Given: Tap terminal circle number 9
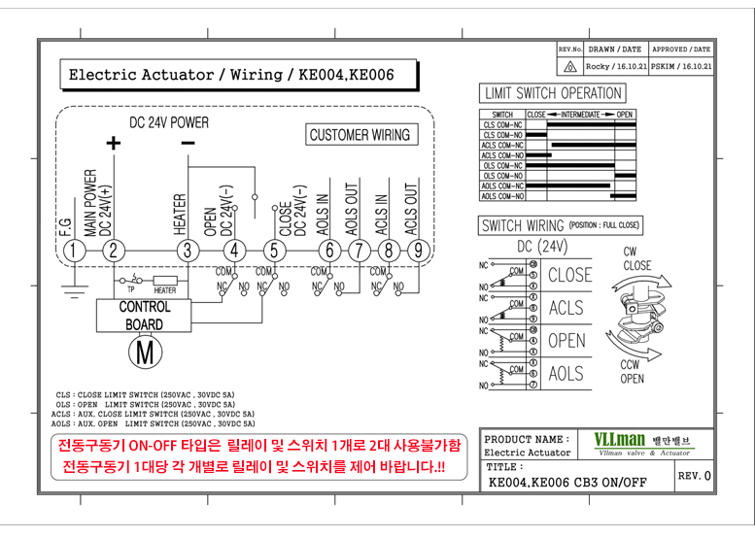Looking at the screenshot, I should click(x=417, y=251).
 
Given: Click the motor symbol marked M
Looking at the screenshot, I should click(x=144, y=351).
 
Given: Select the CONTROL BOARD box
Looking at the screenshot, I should click(x=144, y=315).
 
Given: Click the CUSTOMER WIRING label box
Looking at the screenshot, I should click(x=359, y=135).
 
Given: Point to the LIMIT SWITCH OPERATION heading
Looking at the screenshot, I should click(x=551, y=93).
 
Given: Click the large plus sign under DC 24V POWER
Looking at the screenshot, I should click(x=114, y=144).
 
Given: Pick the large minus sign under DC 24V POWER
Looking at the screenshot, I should click(x=187, y=143).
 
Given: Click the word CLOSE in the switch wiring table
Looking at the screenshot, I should click(x=568, y=275).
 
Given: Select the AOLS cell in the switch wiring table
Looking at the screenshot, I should click(x=566, y=374).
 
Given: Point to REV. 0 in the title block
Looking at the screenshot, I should click(x=694, y=476).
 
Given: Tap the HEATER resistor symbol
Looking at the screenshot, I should click(x=164, y=280).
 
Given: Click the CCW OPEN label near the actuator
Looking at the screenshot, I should click(x=631, y=371).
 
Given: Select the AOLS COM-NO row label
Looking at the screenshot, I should click(x=502, y=195).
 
